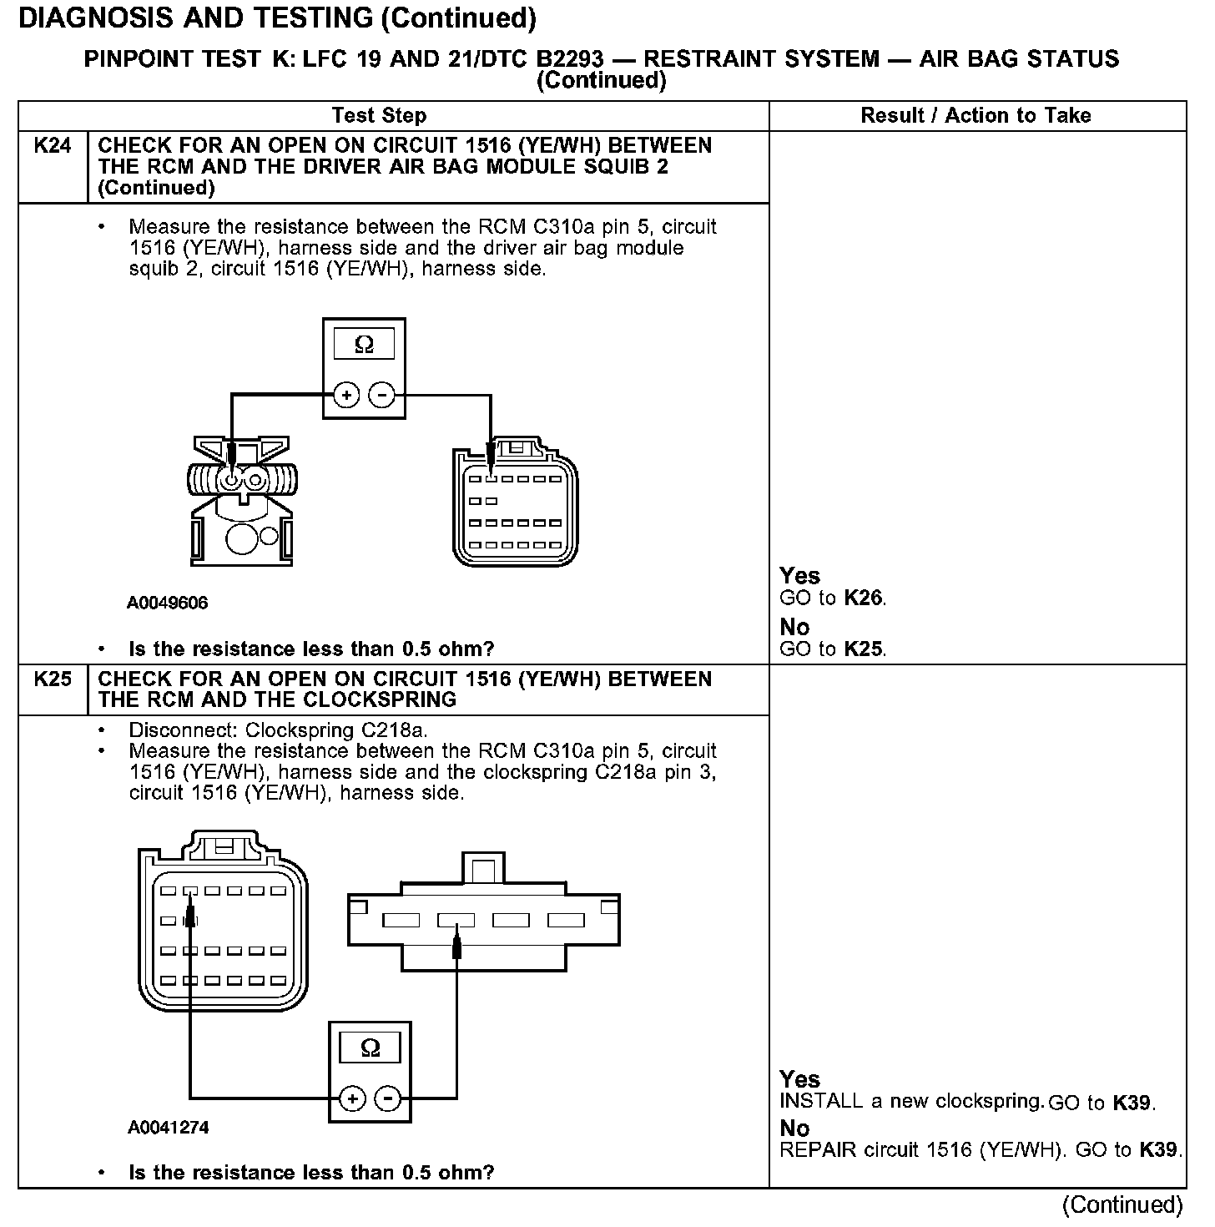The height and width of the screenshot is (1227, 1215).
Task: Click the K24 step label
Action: (x=52, y=146)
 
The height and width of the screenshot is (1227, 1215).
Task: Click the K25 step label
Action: (x=52, y=679)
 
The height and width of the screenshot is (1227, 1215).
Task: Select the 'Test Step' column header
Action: (x=379, y=115)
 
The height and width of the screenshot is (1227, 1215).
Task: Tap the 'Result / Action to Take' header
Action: (x=976, y=115)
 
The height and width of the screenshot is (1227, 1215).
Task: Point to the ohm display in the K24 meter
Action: (x=364, y=344)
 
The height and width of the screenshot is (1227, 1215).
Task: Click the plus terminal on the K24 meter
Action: (x=346, y=395)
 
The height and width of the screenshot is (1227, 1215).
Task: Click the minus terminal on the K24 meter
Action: (x=382, y=395)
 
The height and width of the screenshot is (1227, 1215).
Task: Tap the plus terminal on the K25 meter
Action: (x=353, y=1098)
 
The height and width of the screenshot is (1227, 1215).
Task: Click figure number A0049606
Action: (x=168, y=603)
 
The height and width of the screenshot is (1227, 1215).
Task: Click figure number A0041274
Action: (x=168, y=1128)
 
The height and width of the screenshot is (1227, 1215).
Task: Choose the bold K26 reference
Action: (x=863, y=598)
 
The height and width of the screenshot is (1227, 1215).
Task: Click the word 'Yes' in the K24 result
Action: (x=799, y=576)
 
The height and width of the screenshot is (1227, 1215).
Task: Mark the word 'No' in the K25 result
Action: (x=794, y=1129)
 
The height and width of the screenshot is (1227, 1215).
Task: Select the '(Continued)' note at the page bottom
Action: (x=1122, y=1204)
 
